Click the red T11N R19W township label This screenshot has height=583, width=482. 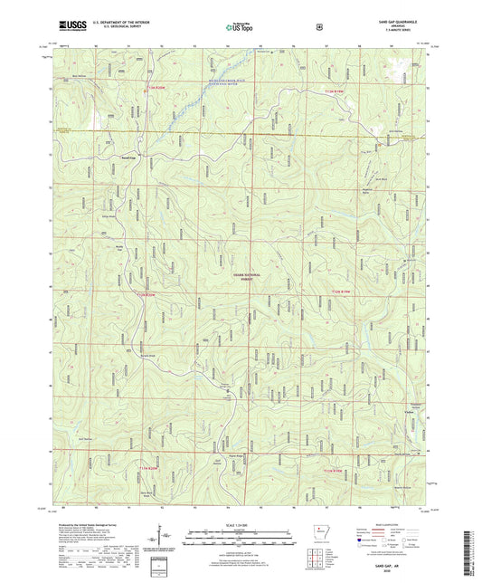[x=334, y=470]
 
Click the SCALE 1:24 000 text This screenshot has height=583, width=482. [x=241, y=526]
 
